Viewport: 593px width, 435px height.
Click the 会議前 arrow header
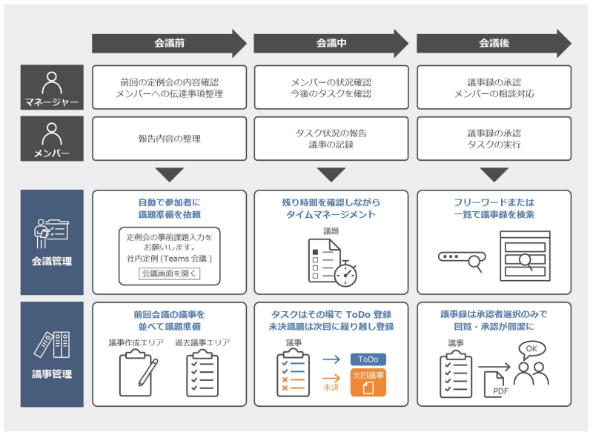tap(169, 44)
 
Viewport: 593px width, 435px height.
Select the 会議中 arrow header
tap(331, 44)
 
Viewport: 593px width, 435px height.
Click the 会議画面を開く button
tap(170, 273)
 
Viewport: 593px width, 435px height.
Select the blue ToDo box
tap(368, 359)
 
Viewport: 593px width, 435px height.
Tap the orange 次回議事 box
tap(368, 382)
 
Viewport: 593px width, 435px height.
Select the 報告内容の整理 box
tap(169, 139)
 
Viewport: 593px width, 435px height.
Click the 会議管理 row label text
tap(52, 261)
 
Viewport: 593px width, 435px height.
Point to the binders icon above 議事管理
tap(51, 343)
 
